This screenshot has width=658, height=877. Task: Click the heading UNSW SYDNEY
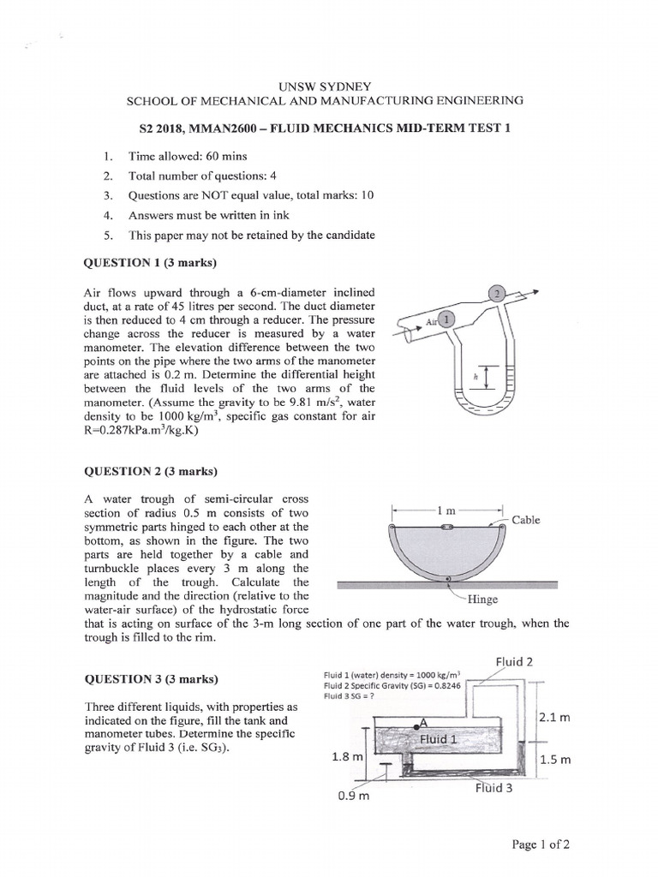tap(325, 86)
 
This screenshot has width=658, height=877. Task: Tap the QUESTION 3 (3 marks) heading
tap(150, 679)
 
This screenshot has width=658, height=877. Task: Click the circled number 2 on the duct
tap(497, 293)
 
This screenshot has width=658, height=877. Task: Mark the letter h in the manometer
tap(464, 375)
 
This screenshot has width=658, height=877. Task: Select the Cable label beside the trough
tap(525, 520)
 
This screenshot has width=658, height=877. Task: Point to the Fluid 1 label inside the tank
tap(438, 738)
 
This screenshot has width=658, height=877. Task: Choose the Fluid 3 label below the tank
tap(493, 788)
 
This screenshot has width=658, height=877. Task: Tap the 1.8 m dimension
tap(348, 757)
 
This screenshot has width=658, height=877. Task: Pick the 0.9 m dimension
tap(352, 795)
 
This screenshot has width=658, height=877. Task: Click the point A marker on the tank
tap(423, 721)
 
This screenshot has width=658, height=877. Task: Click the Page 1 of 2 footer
tap(541, 844)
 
